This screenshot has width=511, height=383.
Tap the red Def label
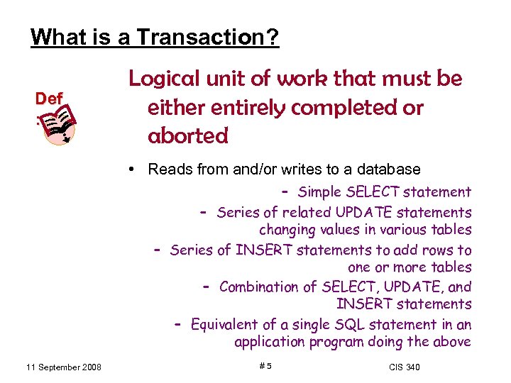click(x=50, y=99)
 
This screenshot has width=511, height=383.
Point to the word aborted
click(x=188, y=135)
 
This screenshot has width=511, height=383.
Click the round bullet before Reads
click(x=133, y=170)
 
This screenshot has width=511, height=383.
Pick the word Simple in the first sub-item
click(x=319, y=191)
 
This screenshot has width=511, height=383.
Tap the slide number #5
click(x=265, y=366)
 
